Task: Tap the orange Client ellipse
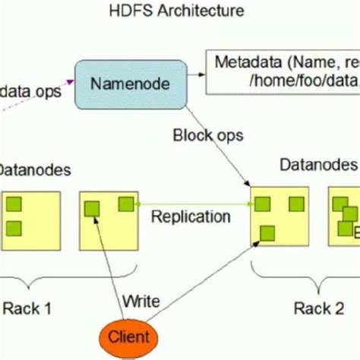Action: point(128,335)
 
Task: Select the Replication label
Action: point(190,216)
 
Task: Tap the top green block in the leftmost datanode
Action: point(13,204)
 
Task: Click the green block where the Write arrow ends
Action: point(92,207)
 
